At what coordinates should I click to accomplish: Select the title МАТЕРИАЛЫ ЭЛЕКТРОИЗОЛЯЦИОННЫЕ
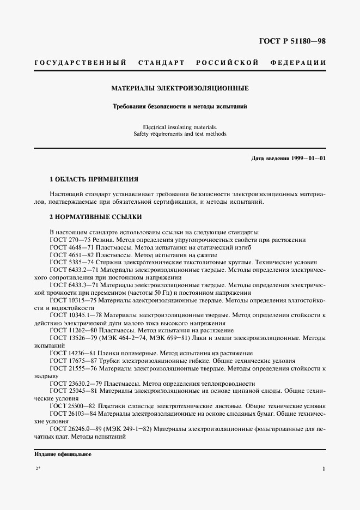tap(180, 87)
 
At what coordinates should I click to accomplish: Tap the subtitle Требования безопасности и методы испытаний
tap(180, 106)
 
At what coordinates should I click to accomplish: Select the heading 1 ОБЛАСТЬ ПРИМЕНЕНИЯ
tap(94, 179)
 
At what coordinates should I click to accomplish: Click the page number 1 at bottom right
tap(324, 469)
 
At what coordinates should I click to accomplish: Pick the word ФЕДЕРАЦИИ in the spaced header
tap(298, 63)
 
